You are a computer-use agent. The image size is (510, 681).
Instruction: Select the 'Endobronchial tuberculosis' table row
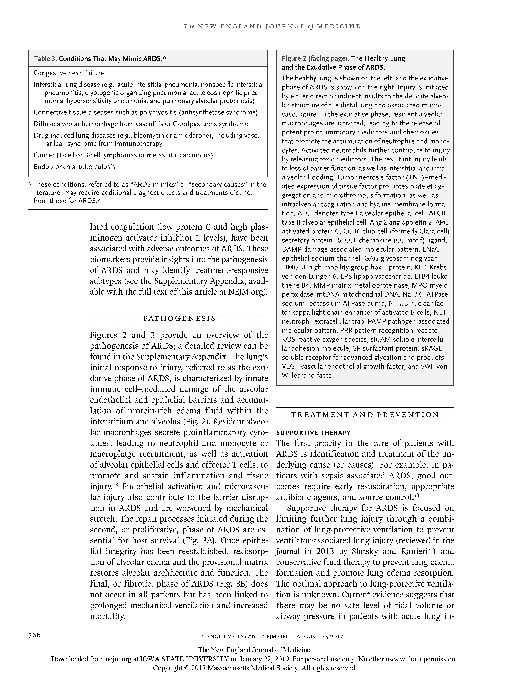tap(74, 167)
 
